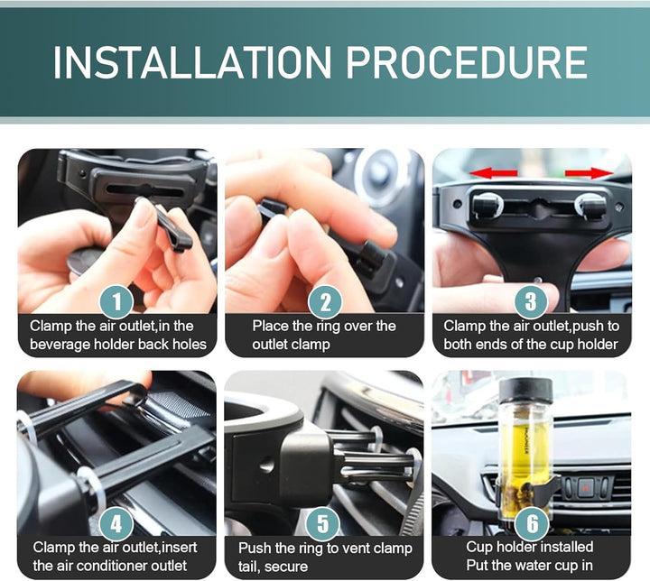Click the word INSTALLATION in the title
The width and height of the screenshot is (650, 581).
(x=192, y=62)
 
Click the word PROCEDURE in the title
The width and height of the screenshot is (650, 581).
(x=467, y=62)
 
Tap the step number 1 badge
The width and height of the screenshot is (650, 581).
(x=116, y=301)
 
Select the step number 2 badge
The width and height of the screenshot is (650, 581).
(x=325, y=301)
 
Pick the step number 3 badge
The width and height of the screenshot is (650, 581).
(x=531, y=301)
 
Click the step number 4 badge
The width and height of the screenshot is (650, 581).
(x=116, y=524)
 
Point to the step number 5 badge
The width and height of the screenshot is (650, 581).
(x=322, y=524)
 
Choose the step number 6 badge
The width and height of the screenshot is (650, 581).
(x=532, y=524)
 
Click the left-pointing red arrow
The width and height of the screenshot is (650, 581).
(x=493, y=172)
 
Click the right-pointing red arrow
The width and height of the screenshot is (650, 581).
(x=590, y=173)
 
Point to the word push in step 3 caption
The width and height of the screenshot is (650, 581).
(x=589, y=327)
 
